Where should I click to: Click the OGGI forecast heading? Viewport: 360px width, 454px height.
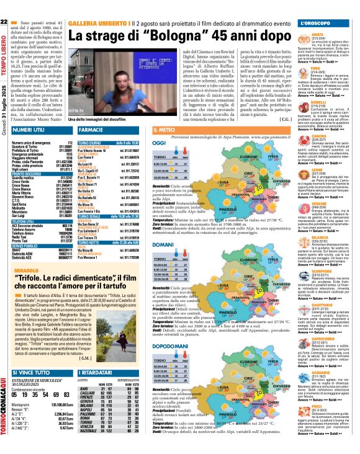(x=159, y=143)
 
